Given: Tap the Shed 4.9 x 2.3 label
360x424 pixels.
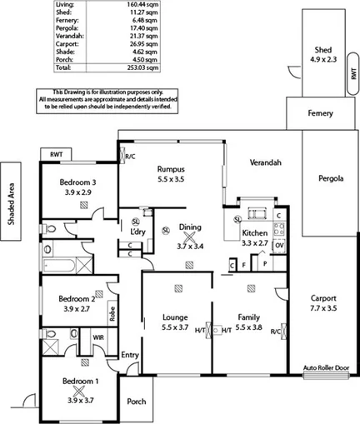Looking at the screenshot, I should coord(320,54).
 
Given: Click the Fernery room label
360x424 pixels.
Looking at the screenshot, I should coord(320,113).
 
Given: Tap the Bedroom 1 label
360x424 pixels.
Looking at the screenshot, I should coord(80,387).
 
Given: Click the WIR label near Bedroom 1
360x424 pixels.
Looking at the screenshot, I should coord(97,337).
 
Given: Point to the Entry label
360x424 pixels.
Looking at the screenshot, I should coord(130,355).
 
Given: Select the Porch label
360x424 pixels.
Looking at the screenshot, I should coord(136,402).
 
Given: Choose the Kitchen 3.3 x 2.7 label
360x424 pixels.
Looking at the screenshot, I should coord(254,238).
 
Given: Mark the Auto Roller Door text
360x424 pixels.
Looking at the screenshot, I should coord(324,367).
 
